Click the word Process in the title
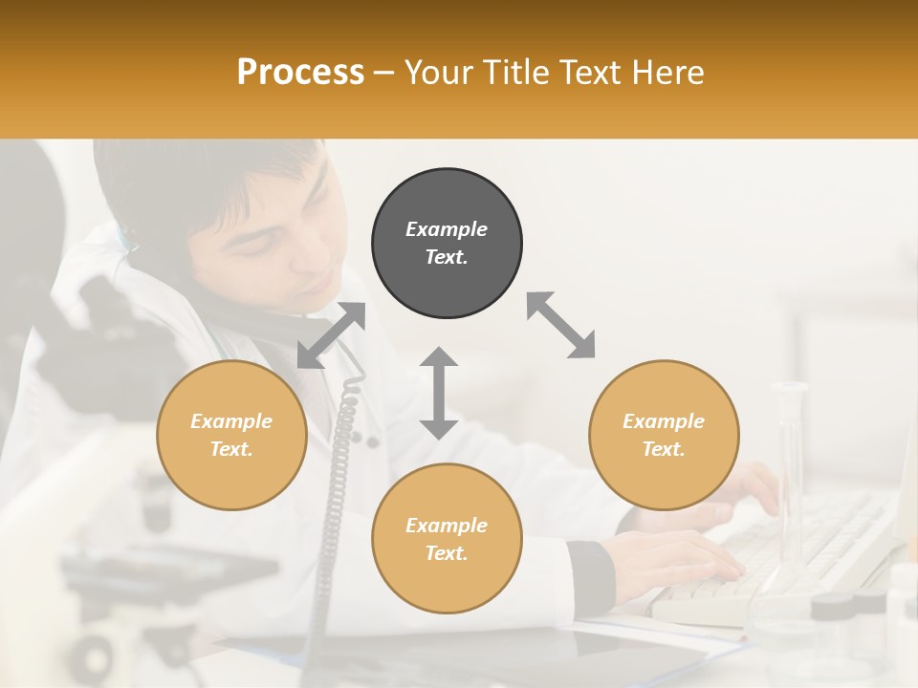pyautogui.click(x=300, y=72)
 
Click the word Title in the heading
pyautogui.click(x=514, y=72)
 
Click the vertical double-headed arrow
pyautogui.click(x=439, y=393)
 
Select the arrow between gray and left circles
pyautogui.click(x=332, y=334)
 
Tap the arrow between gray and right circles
pyautogui.click(x=560, y=325)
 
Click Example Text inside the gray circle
pyautogui.click(x=447, y=243)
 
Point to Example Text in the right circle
pyautogui.click(x=664, y=435)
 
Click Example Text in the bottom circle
pyautogui.click(x=447, y=539)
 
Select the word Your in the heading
pyautogui.click(x=441, y=72)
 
